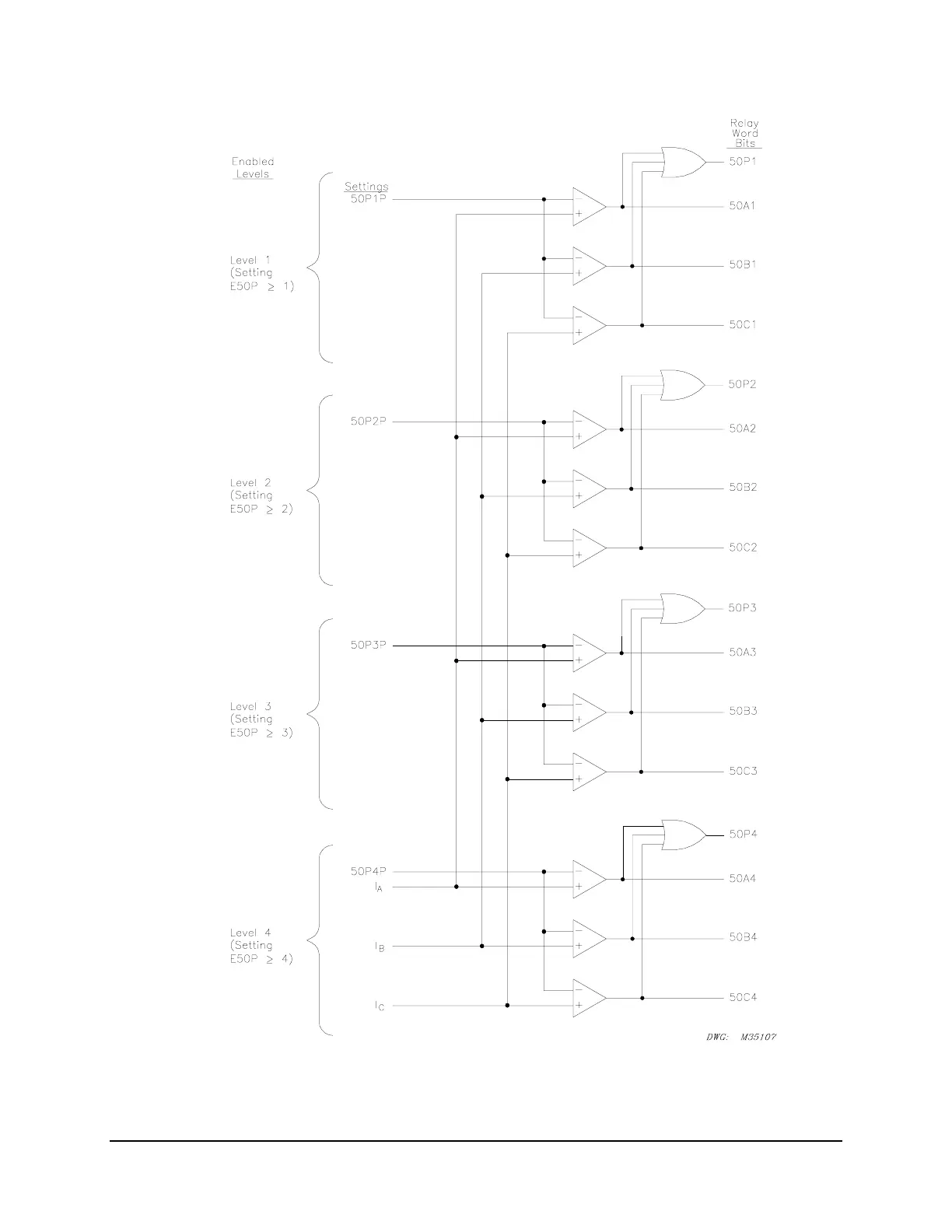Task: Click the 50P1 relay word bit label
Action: point(742,162)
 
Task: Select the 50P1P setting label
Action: point(368,199)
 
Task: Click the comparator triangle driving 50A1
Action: point(588,207)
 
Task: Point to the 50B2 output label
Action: point(743,488)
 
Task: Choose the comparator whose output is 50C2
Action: point(588,548)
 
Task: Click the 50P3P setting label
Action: point(368,645)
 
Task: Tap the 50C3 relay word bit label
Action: point(743,772)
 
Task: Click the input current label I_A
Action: point(378,887)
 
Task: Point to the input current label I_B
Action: point(379,947)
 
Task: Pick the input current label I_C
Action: point(379,1006)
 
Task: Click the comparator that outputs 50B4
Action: point(588,939)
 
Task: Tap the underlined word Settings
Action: point(366,187)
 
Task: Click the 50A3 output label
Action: point(743,653)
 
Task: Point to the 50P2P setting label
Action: point(368,422)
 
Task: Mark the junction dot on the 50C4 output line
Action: point(642,998)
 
